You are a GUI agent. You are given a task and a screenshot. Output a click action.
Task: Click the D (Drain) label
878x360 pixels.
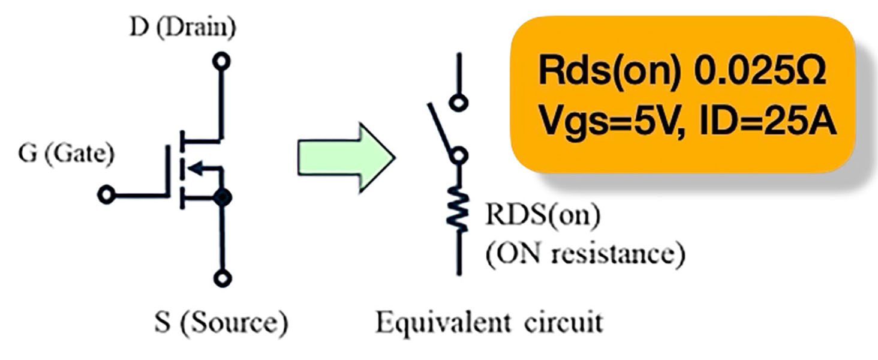pyautogui.click(x=183, y=28)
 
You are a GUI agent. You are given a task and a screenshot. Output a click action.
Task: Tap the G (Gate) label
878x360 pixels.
pyautogui.click(x=66, y=154)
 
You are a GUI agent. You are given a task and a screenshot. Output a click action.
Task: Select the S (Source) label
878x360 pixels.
pyautogui.click(x=221, y=323)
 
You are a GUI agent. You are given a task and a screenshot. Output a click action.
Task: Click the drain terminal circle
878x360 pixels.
pyautogui.click(x=221, y=61)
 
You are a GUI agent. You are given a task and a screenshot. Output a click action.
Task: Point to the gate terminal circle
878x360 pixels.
pyautogui.click(x=106, y=194)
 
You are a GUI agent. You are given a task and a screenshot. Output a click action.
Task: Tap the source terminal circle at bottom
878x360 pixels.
pyautogui.click(x=222, y=278)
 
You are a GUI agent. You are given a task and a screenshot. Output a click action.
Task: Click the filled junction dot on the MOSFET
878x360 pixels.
pyautogui.click(x=222, y=197)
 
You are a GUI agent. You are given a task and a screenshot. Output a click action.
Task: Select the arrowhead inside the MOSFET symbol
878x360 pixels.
pyautogui.click(x=195, y=168)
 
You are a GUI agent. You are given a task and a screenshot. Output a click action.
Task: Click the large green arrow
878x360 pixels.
pyautogui.click(x=347, y=158)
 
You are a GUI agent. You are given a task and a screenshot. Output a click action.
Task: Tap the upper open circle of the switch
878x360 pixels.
pyautogui.click(x=459, y=103)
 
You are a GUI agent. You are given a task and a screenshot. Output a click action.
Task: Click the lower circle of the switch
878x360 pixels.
pyautogui.click(x=459, y=155)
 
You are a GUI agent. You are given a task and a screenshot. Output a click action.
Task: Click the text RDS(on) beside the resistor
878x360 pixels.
pyautogui.click(x=543, y=215)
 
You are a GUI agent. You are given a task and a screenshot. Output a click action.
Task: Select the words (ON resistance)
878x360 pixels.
pyautogui.click(x=585, y=254)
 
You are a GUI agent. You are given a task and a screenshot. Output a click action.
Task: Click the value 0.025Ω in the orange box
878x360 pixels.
pyautogui.click(x=760, y=71)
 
